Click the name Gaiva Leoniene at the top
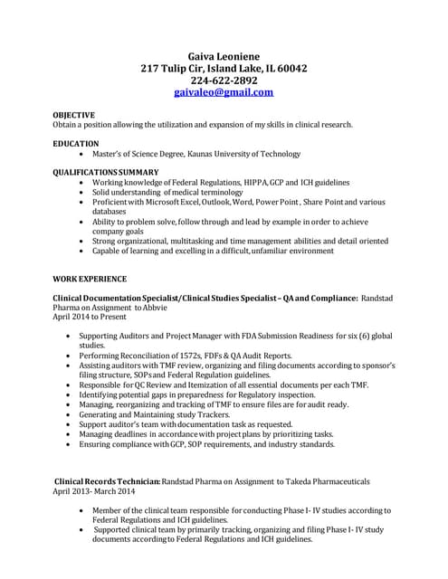(224, 55)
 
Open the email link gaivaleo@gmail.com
(224, 92)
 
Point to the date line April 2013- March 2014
(93, 491)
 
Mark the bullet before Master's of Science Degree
(82, 155)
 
